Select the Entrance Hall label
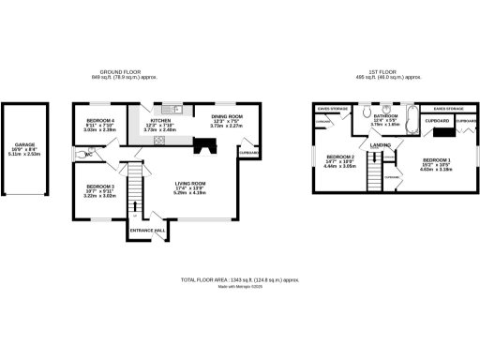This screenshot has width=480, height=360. coord(148,230)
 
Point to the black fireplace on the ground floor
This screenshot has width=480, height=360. coord(203,145)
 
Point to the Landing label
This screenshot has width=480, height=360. coord(381,145)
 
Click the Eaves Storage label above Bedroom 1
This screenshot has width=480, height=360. coord(445,109)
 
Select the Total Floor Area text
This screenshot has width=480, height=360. coord(240,279)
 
